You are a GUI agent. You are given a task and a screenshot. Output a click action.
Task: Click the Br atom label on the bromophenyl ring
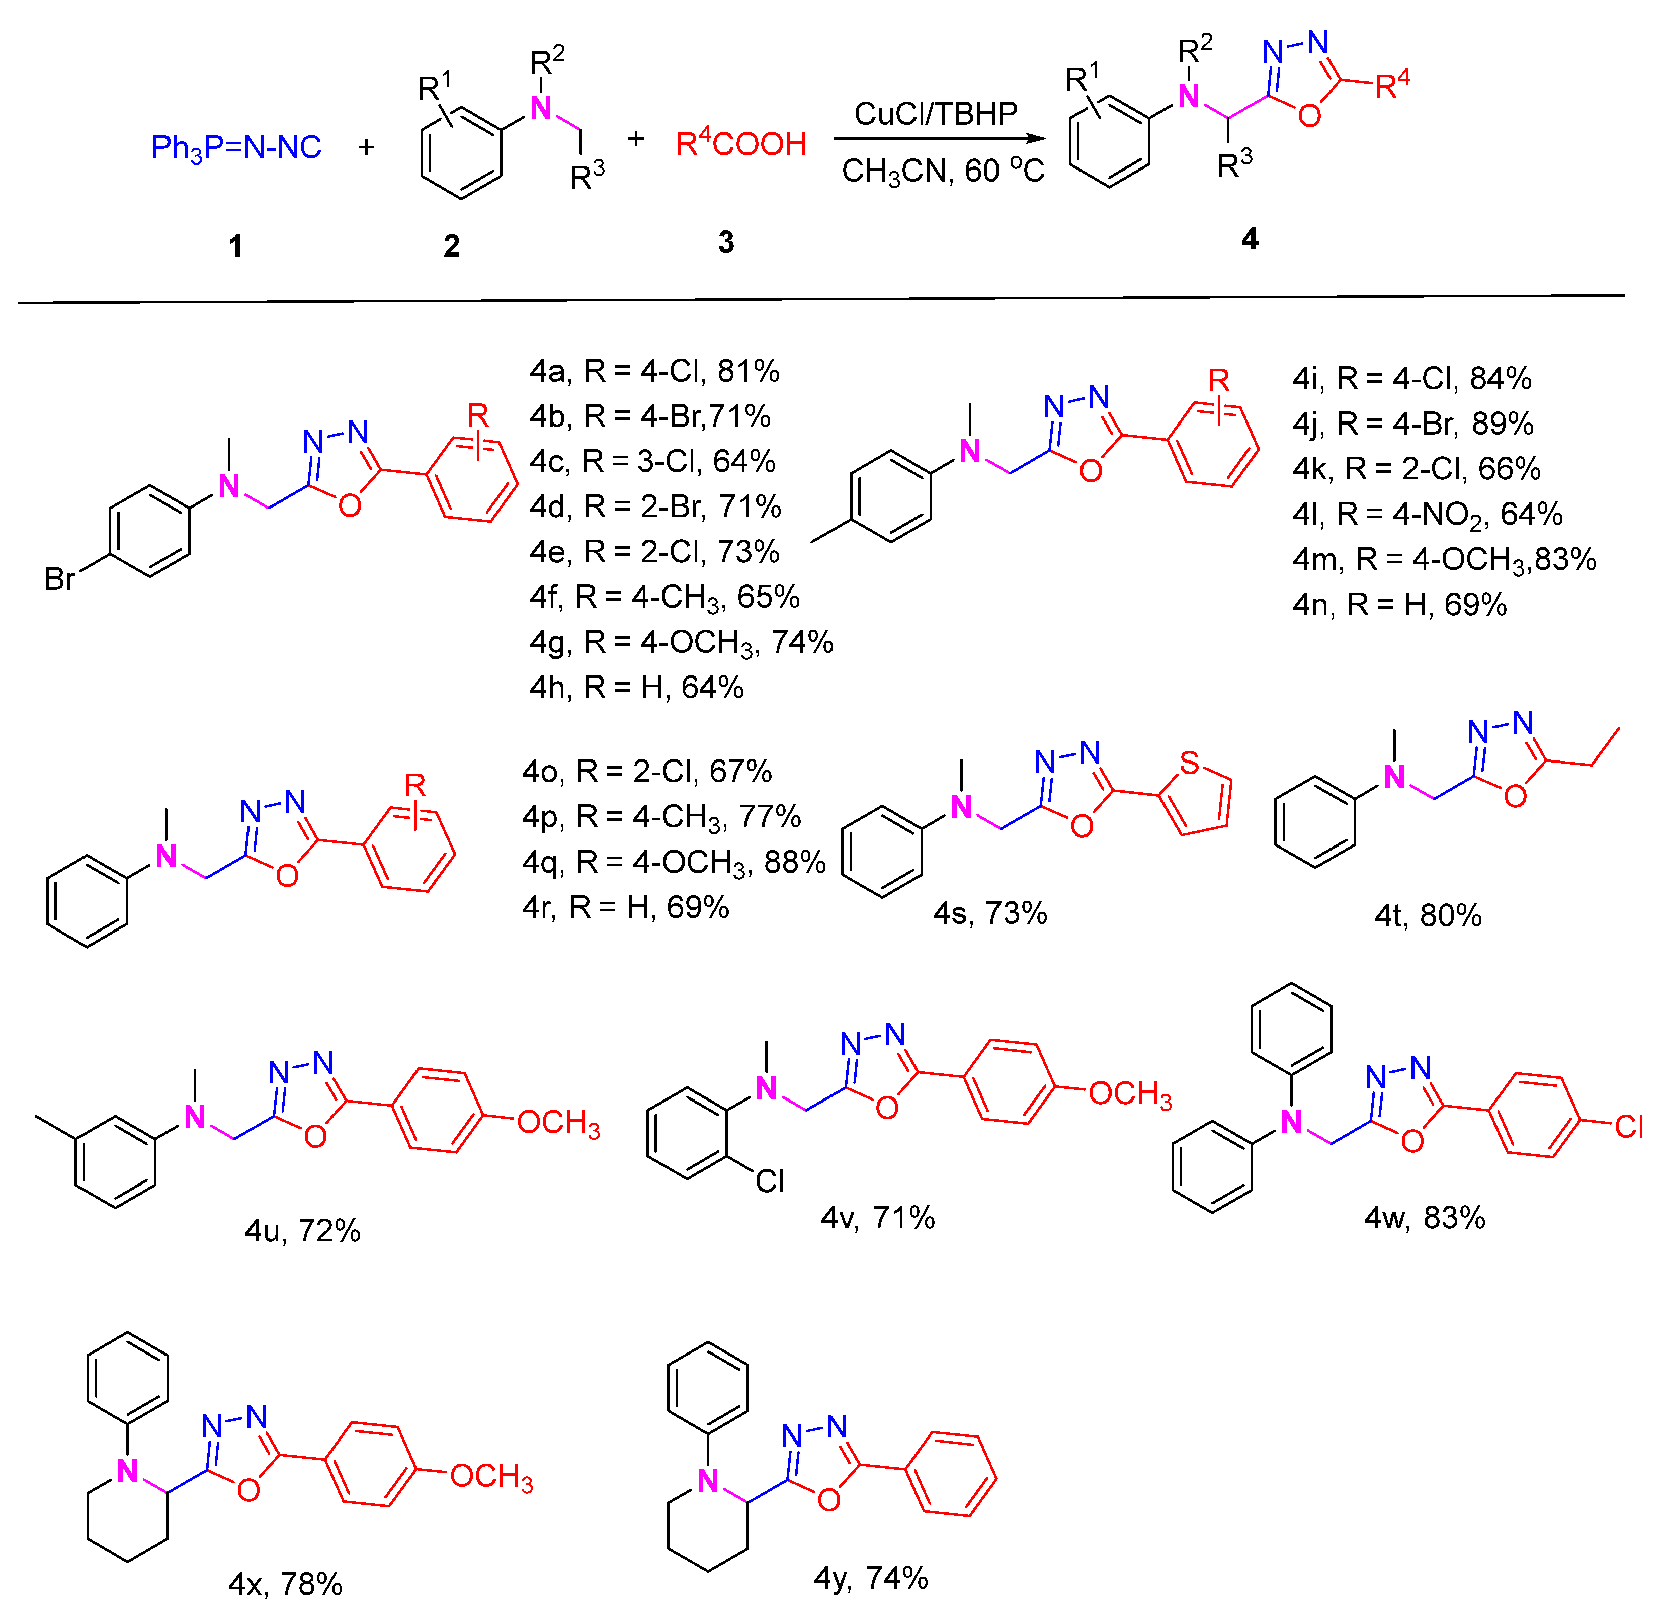(59, 579)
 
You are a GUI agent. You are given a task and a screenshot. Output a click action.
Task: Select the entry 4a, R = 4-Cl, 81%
(654, 371)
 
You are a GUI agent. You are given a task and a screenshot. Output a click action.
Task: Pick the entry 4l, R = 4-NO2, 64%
(1427, 514)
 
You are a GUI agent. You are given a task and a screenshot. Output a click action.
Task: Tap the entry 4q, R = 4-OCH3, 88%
(674, 862)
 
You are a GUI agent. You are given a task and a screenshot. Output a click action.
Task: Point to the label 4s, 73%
(989, 914)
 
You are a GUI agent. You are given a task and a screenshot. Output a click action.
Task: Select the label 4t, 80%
(1428, 915)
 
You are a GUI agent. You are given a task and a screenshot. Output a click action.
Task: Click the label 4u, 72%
(302, 1230)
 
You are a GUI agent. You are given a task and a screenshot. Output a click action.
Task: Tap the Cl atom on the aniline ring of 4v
(770, 1181)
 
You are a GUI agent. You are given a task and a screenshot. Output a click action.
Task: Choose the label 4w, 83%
(1425, 1218)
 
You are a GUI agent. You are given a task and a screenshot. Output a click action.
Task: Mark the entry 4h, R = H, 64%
(636, 687)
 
